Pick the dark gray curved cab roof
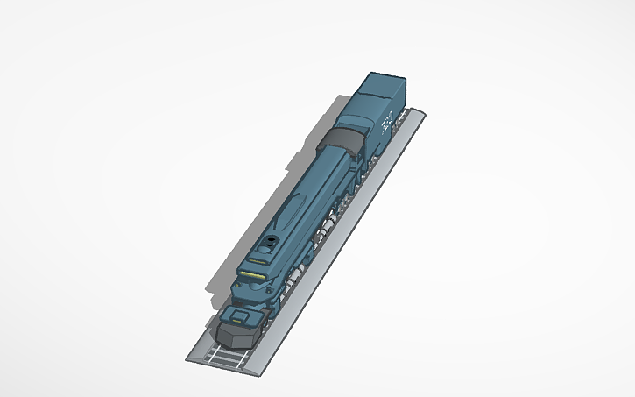[x=342, y=139]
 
